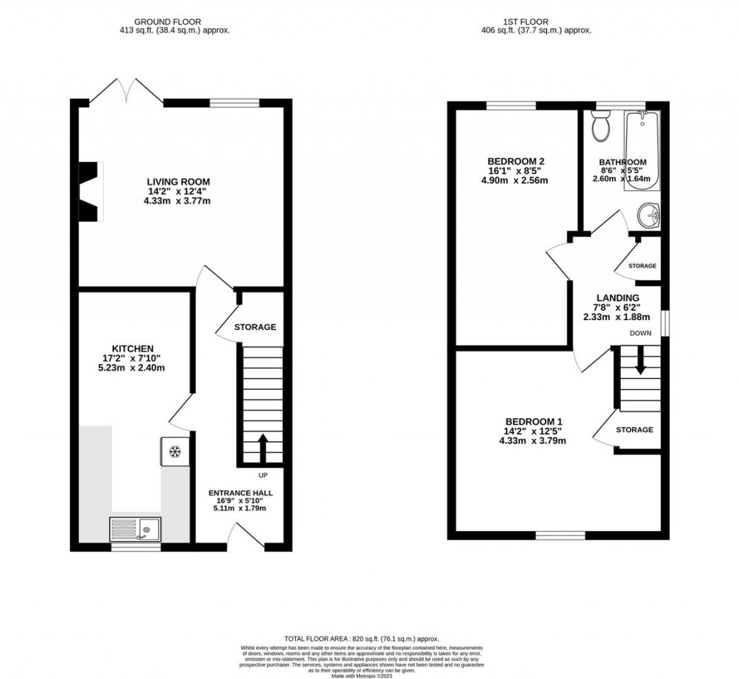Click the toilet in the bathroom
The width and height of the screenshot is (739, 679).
point(600,128)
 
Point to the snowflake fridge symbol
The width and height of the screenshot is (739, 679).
point(174,452)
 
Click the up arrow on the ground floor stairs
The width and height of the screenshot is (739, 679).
point(261,447)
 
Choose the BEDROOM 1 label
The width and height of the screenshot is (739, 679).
point(533,422)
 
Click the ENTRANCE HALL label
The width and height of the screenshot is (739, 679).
point(241,494)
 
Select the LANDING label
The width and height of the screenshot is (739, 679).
point(617,298)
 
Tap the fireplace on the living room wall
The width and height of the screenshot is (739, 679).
point(89,191)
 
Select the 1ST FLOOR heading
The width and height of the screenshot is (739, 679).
point(536,22)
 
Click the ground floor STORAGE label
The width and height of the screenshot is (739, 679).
point(255,327)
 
